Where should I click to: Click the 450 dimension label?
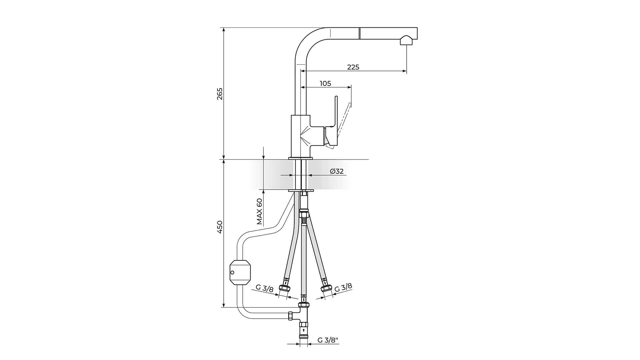219,227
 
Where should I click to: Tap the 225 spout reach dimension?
353,67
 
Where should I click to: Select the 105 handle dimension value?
325,83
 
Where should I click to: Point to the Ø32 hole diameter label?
337,171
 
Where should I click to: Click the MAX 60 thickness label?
260,211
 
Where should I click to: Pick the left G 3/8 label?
265,288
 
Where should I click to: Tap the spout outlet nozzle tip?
406,40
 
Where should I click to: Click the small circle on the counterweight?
233,272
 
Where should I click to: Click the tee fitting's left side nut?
290,316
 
